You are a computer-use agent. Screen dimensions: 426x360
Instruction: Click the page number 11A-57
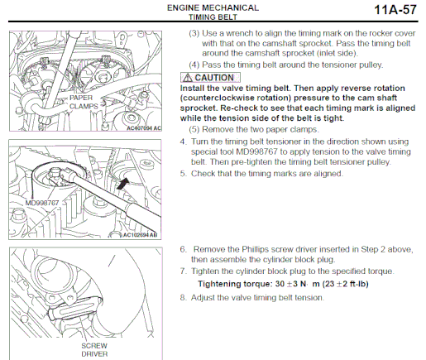click(395, 10)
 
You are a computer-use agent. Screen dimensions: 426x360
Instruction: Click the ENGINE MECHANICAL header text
click(213, 7)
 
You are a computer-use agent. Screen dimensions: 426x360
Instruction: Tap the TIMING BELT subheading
click(213, 17)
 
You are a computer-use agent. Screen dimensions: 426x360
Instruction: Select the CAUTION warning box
click(210, 78)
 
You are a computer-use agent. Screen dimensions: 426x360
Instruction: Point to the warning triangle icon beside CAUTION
click(188, 78)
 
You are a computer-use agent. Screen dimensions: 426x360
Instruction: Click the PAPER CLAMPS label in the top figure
click(84, 102)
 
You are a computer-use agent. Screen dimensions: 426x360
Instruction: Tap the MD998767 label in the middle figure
click(42, 203)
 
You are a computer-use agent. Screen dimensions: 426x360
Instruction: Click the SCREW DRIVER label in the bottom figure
click(94, 350)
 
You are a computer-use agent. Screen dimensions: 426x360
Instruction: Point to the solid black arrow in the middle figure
click(122, 184)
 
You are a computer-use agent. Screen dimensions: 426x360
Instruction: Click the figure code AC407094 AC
click(144, 128)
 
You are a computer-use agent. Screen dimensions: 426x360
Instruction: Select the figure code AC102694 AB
click(140, 235)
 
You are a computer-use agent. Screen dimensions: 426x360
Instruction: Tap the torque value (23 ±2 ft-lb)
click(346, 284)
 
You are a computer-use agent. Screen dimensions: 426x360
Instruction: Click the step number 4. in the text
click(183, 142)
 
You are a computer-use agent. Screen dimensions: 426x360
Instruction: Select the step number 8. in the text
click(183, 298)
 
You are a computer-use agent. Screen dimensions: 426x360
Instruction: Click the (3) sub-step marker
click(194, 34)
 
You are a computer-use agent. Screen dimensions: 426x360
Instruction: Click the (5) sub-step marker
click(194, 130)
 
